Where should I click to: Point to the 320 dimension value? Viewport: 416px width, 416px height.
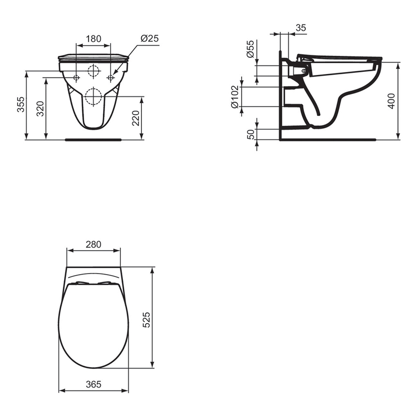coord(41,108)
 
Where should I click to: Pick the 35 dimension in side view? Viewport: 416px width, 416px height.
coord(301,28)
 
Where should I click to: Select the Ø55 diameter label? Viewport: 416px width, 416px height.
coord(251,50)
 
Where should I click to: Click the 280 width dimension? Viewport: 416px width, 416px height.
coord(93,244)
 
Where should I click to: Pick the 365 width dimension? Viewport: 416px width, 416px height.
coord(93,385)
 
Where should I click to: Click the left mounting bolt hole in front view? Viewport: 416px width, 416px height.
coord(76,78)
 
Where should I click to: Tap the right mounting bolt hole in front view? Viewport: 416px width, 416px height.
coord(110,78)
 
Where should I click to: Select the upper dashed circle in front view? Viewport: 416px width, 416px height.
coord(93,71)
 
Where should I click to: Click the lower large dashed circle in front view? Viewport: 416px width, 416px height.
coord(93,96)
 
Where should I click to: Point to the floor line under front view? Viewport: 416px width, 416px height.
coord(93,139)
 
